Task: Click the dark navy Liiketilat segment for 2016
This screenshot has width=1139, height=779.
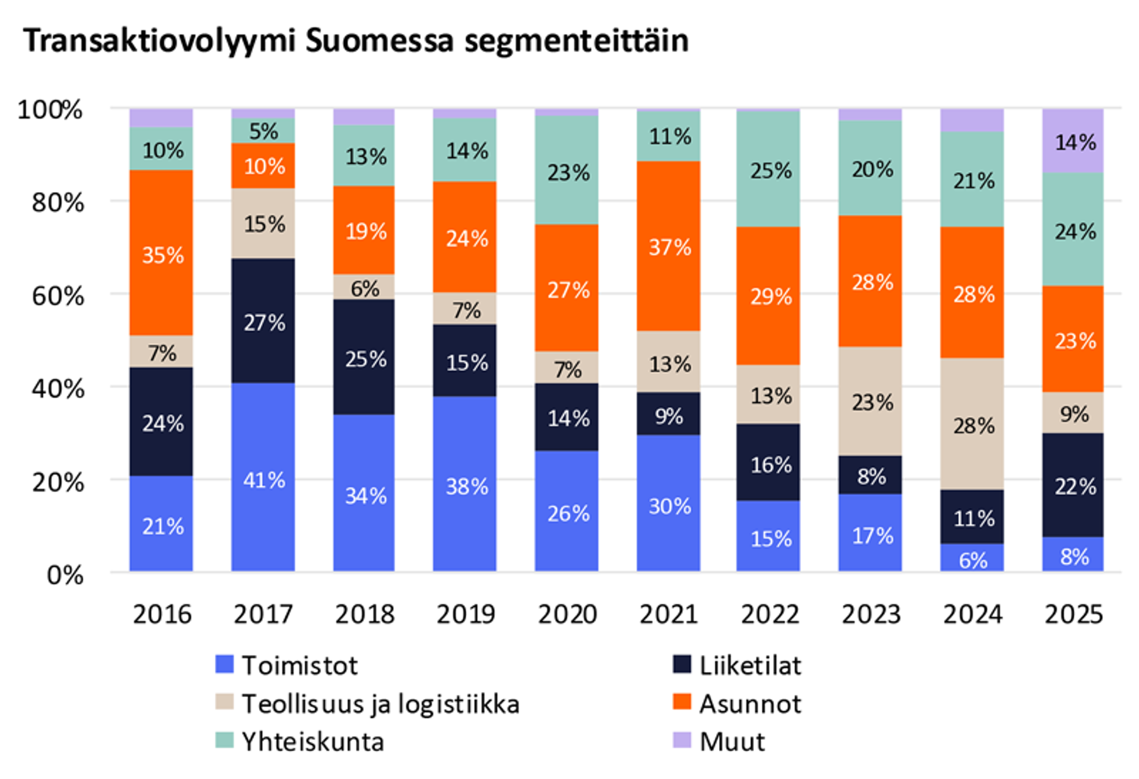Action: click(161, 422)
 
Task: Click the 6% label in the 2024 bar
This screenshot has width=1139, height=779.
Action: click(973, 559)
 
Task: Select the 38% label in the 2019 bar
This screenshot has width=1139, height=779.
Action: click(467, 487)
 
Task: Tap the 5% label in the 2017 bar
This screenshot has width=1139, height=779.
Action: click(263, 131)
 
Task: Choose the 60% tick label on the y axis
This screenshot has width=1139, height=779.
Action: click(58, 295)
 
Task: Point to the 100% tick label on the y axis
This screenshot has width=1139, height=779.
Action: click(50, 110)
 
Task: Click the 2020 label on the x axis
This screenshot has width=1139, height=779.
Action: click(567, 614)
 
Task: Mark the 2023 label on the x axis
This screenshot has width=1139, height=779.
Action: click(871, 614)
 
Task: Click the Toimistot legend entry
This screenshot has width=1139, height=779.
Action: click(287, 665)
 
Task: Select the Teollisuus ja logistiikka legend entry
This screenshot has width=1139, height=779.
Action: click(368, 704)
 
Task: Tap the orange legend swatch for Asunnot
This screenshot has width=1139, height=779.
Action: click(682, 702)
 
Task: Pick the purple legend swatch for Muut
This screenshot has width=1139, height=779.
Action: click(682, 740)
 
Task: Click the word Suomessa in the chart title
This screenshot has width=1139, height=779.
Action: click(380, 40)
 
